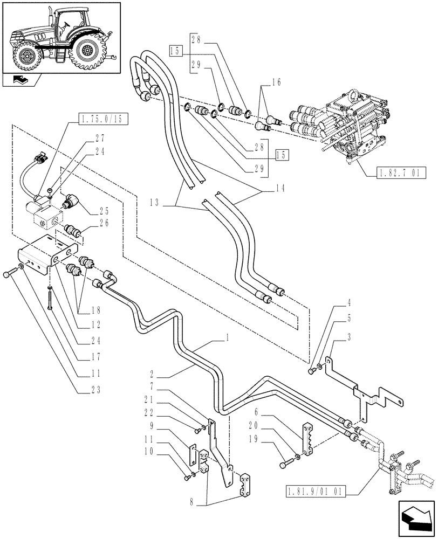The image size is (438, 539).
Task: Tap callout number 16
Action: [276, 82]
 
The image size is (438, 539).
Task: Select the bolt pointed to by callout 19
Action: [285, 463]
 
